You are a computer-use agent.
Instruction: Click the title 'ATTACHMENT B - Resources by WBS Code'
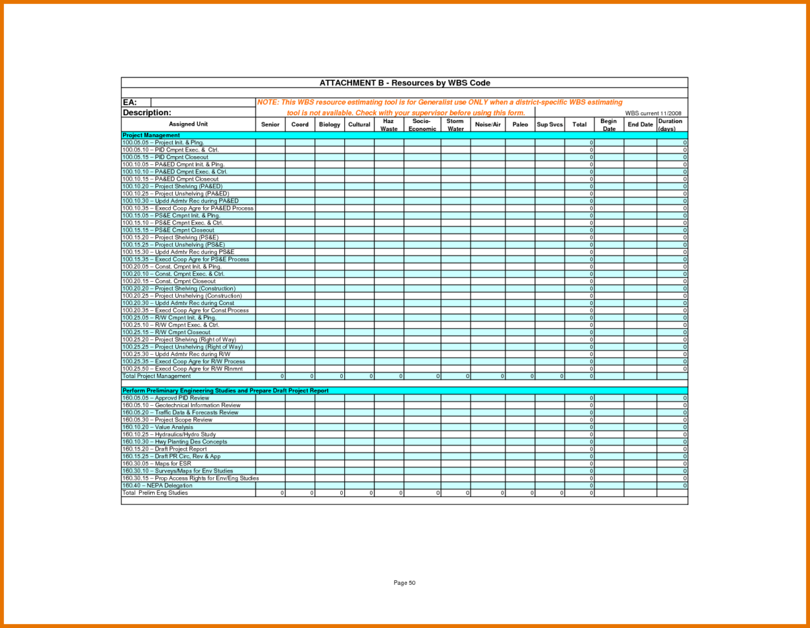pos(404,83)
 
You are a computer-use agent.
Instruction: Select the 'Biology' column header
pos(329,124)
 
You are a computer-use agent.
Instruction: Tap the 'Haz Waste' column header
pos(389,125)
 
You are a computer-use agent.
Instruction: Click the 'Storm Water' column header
pos(455,125)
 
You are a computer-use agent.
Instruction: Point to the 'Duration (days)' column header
pos(670,125)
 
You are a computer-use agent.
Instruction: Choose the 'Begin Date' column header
pos(608,125)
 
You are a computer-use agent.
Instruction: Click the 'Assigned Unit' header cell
pos(188,124)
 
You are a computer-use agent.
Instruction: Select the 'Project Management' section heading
pos(151,135)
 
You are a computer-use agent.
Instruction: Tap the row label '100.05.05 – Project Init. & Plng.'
pos(163,142)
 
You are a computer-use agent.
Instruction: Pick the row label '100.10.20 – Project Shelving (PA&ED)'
pos(172,186)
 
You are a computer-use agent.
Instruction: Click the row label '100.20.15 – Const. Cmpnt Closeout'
pos(169,281)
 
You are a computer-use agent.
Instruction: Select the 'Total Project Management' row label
pos(157,376)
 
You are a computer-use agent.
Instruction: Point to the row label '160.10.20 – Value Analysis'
pos(157,427)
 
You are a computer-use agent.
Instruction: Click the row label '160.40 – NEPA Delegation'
pos(157,486)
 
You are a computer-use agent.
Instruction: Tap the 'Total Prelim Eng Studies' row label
pos(155,493)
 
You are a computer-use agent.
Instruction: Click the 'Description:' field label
pos(147,113)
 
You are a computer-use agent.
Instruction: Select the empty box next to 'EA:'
pos(202,102)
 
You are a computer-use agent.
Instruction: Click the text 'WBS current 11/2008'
pos(653,113)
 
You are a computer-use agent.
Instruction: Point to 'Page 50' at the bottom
pos(404,583)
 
